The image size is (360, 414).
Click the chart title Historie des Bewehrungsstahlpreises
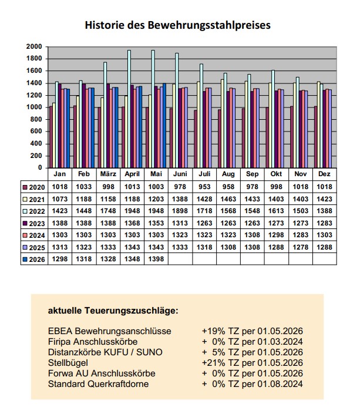[x=177, y=25]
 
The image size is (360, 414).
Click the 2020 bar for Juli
[x=196, y=139]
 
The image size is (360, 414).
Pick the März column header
[x=107, y=175]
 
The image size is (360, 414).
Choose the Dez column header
[x=324, y=175]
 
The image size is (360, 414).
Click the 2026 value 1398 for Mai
[x=156, y=259]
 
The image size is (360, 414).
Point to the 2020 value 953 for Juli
[x=204, y=187]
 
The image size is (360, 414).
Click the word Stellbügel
[x=69, y=362]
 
